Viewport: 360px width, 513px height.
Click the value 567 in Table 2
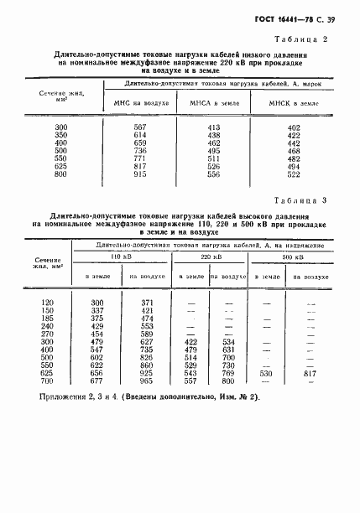(141, 126)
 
